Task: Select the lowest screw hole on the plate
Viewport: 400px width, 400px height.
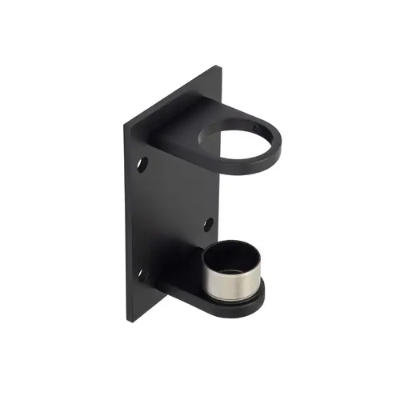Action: click(x=144, y=277)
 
